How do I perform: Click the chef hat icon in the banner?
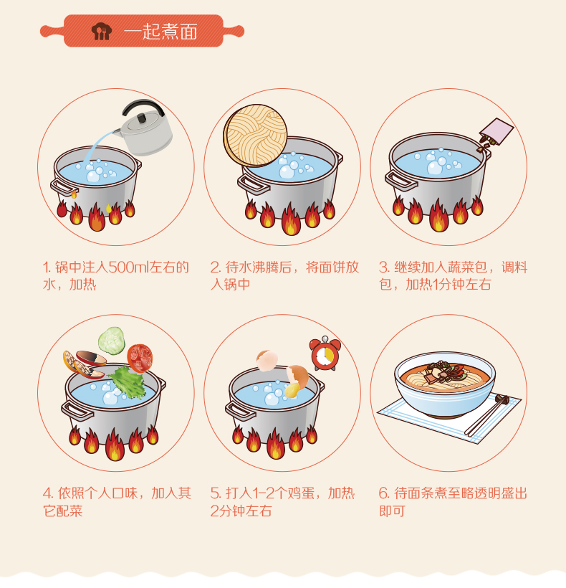coord(102,31)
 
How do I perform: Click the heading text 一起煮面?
coord(160,31)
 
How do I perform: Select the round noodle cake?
coord(255,136)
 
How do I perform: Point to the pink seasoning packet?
coord(497,132)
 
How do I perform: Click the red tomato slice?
coord(140,358)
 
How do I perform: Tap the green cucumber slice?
coord(112,341)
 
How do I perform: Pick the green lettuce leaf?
coord(128,382)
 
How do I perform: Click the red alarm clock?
coord(325,354)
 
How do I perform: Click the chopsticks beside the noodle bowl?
coord(487,415)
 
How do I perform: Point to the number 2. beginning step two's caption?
coord(216,267)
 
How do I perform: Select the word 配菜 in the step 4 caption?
coord(69,511)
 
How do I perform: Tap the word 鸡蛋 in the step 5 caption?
coord(301,493)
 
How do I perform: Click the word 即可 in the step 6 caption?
coord(392,511)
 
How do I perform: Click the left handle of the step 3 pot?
coord(400,181)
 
